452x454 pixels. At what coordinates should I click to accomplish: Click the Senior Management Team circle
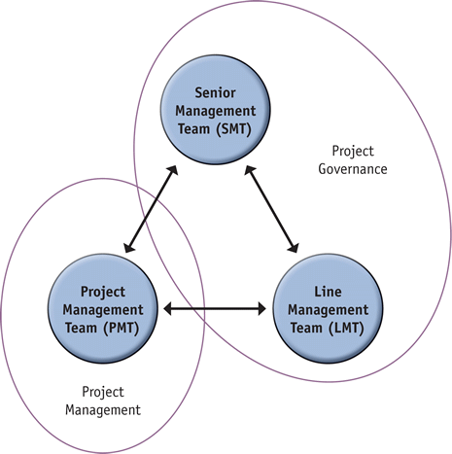216,110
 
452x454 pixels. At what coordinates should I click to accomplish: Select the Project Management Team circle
103,308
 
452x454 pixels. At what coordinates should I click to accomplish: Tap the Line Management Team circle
328,308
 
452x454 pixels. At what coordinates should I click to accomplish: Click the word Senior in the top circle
215,93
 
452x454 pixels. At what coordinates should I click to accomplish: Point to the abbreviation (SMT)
233,129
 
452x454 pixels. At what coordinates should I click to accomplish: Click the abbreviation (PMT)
122,328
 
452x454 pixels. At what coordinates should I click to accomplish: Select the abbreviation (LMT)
346,328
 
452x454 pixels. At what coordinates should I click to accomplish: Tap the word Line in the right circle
328,292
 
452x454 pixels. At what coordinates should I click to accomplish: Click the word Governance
353,169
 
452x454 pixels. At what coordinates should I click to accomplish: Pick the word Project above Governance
353,152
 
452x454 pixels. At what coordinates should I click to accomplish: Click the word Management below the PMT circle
103,410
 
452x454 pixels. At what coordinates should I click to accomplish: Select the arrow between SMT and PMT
151,209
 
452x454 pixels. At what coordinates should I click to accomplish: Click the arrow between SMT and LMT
271,209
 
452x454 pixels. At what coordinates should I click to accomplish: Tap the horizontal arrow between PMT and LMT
215,309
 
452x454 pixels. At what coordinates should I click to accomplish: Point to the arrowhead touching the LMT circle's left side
261,309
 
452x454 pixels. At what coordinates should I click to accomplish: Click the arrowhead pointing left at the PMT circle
168,309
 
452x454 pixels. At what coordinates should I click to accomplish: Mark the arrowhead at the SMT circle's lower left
173,170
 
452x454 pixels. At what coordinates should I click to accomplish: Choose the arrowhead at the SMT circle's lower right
250,170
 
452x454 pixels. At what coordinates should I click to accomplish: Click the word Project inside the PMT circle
103,292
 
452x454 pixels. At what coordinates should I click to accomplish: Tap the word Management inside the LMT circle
328,310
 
